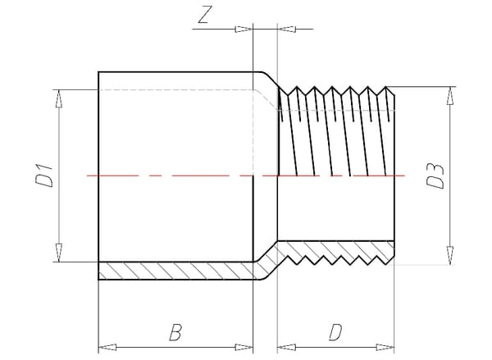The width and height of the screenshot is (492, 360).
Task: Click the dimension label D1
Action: click(46, 175)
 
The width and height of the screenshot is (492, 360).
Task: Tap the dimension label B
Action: click(175, 331)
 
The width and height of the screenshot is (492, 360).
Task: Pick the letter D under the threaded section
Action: click(335, 331)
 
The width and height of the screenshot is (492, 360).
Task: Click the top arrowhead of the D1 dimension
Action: click(59, 98)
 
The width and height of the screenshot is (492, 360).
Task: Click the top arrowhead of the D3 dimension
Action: click(449, 93)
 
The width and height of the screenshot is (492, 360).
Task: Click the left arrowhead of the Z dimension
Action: click(244, 30)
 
